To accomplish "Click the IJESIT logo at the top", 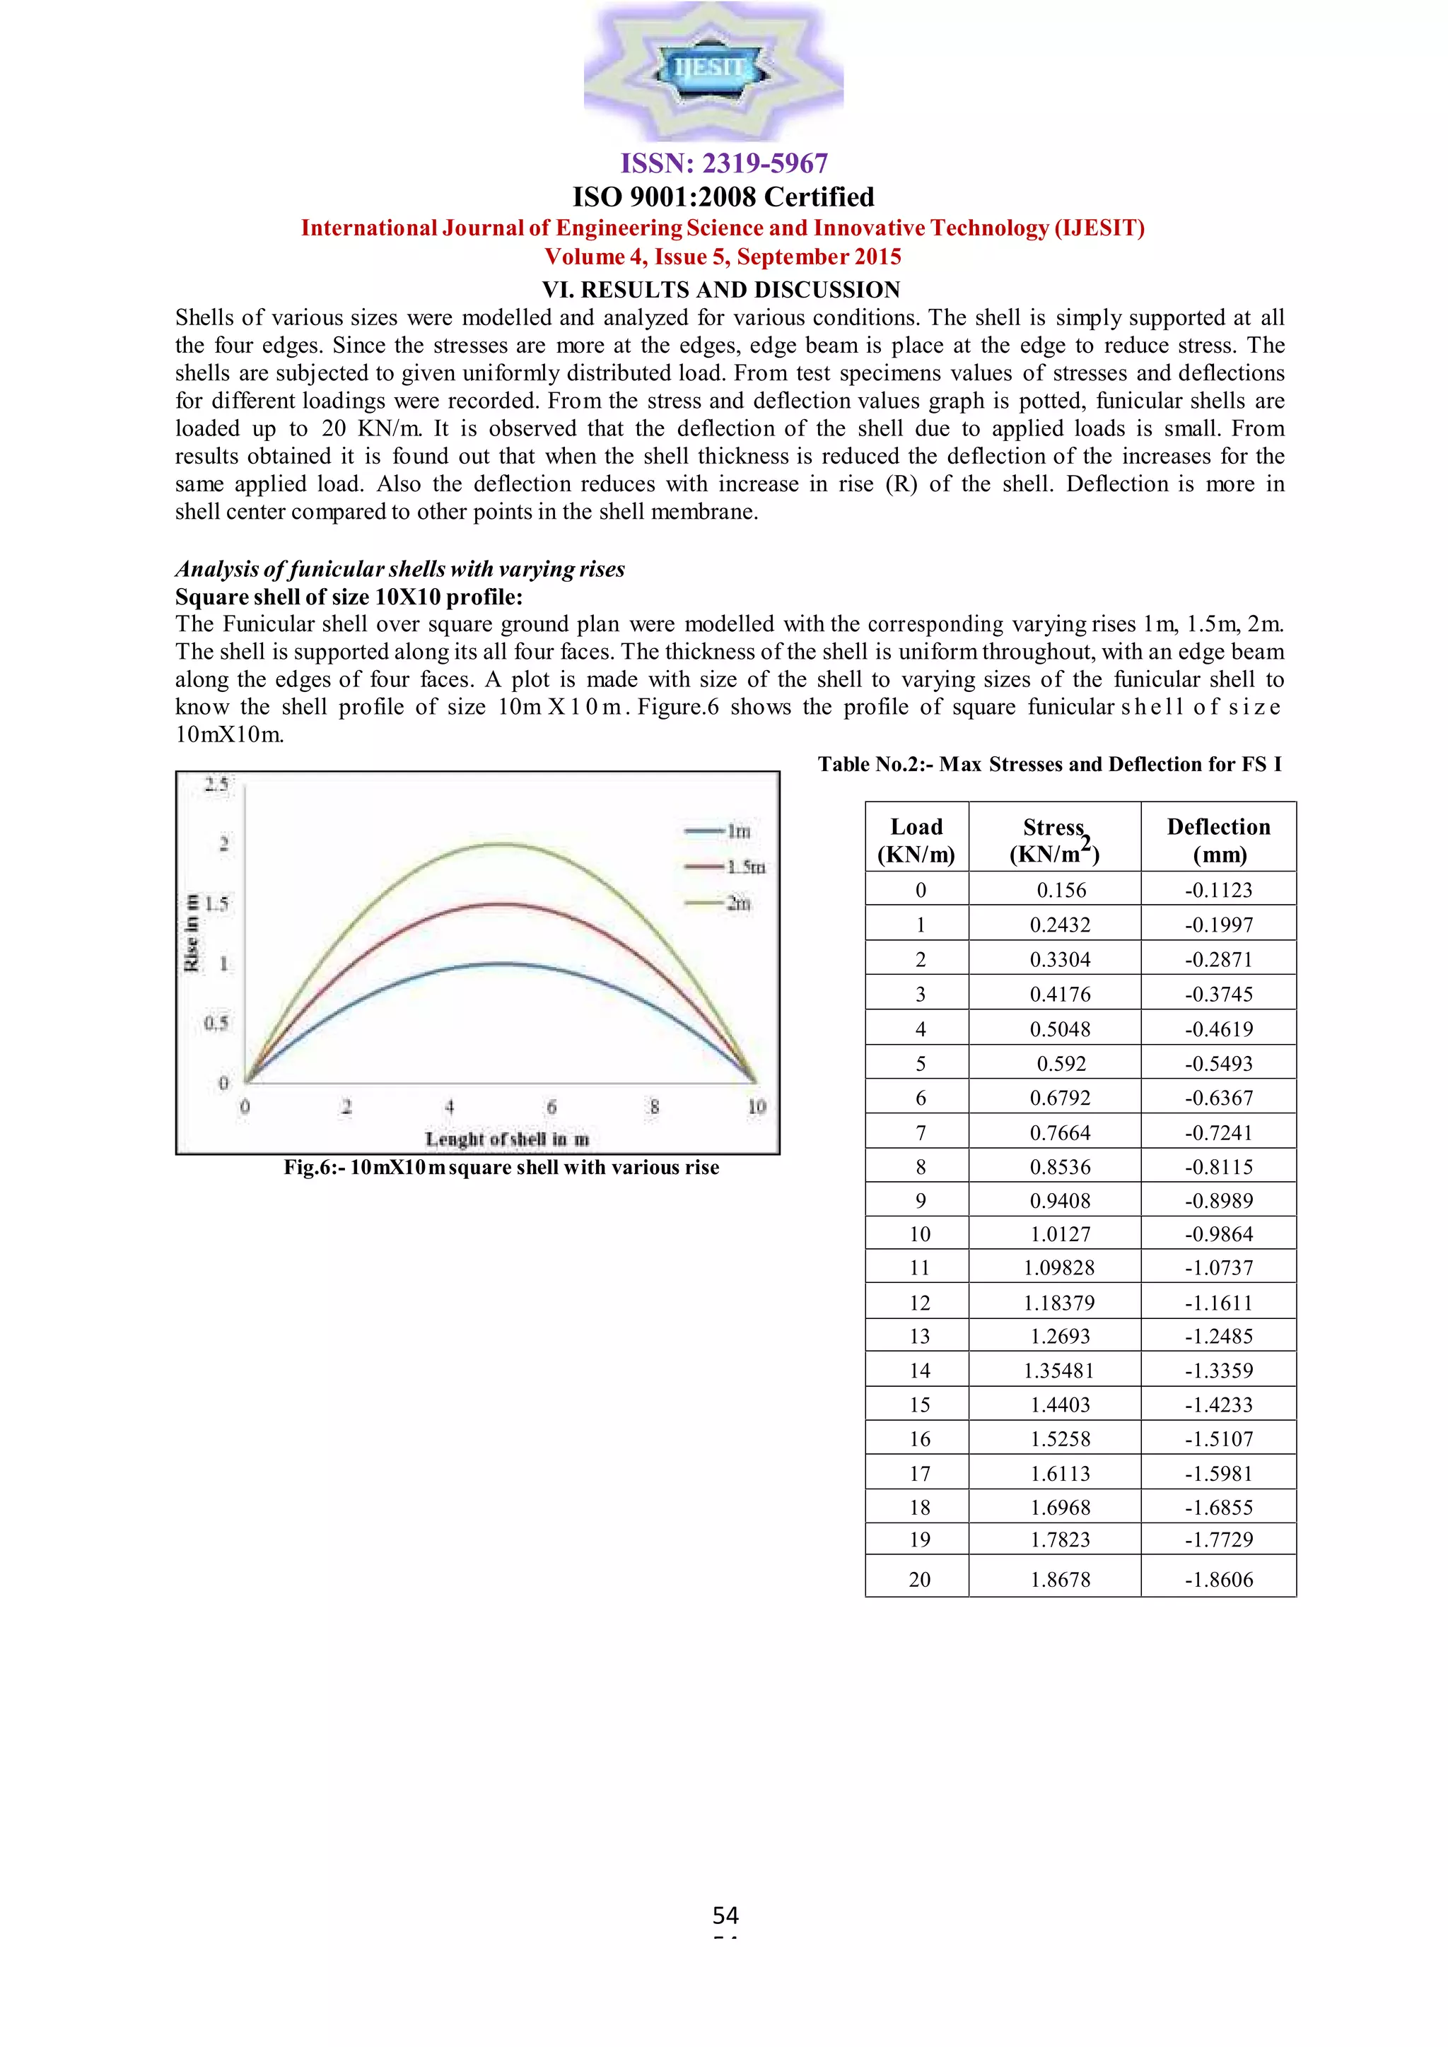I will (x=713, y=69).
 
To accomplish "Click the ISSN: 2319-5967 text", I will (x=723, y=163).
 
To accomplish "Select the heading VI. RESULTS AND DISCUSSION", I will (x=721, y=290).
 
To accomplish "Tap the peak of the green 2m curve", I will (x=502, y=843).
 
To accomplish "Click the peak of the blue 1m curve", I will (x=502, y=963).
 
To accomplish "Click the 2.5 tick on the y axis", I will (x=216, y=785).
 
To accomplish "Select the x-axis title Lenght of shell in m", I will (x=506, y=1139).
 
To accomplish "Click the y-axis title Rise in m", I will (x=191, y=932).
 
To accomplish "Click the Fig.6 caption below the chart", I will (x=501, y=1167).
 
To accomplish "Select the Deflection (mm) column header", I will (x=1218, y=840).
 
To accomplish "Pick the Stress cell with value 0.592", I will (x=1060, y=1064).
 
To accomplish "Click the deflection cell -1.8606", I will (x=1218, y=1579).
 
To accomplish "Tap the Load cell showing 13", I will (x=919, y=1337).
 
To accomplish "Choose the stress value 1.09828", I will (x=1059, y=1268).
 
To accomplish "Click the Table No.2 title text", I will (x=1049, y=764).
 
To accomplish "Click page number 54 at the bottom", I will (x=725, y=1914).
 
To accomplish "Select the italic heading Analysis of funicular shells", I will (x=399, y=569).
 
